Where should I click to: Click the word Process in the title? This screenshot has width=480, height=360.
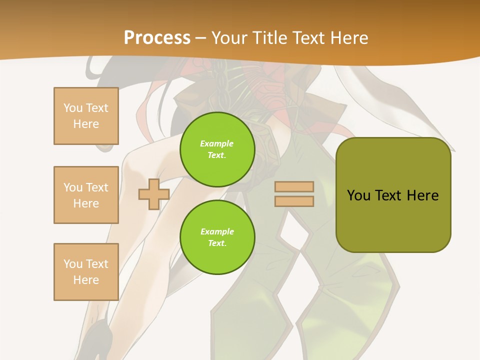[157, 38]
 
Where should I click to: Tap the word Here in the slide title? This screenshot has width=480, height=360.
[348, 38]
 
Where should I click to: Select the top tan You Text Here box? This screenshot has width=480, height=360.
[86, 116]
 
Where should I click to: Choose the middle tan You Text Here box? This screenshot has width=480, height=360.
[86, 195]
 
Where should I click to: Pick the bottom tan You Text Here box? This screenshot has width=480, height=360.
[86, 272]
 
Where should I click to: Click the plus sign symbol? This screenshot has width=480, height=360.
[154, 194]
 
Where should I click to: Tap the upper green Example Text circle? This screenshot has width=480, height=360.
[217, 149]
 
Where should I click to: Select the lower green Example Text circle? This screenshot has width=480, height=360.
[217, 237]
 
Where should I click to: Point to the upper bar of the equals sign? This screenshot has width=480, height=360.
[294, 187]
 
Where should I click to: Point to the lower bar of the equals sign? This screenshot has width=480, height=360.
[294, 201]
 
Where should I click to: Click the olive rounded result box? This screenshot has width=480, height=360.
[393, 220]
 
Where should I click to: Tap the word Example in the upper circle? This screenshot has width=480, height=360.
[217, 143]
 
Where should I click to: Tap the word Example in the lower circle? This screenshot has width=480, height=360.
[217, 231]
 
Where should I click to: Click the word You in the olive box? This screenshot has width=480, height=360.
[358, 195]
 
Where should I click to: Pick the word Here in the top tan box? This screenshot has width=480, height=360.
[86, 124]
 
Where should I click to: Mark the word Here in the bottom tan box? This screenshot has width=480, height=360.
[86, 280]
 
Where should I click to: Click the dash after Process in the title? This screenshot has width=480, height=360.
[200, 38]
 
